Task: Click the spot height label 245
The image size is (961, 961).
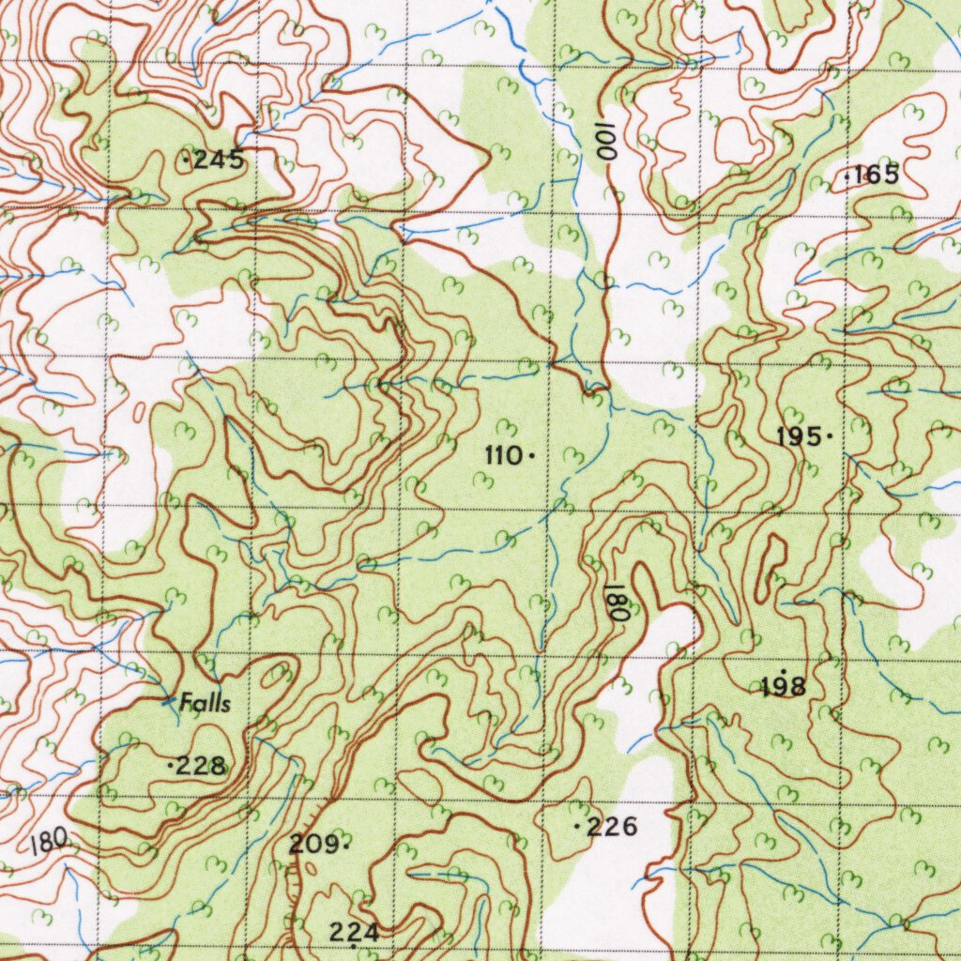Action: pos(218,161)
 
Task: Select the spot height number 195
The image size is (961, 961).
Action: pos(799,436)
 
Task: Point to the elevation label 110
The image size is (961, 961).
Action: pos(503,456)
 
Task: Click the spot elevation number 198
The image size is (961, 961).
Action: pos(784,688)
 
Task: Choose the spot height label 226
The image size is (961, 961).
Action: pos(612,827)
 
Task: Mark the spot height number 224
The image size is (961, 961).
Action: pos(354,932)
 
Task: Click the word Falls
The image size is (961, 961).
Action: pos(206,702)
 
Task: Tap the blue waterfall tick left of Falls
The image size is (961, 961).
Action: pos(168,699)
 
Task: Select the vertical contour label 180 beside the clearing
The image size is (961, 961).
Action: pos(617,601)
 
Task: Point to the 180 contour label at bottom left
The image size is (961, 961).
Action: pos(49,840)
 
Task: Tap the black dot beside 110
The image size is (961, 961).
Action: pos(532,457)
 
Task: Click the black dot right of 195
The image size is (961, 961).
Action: pos(830,436)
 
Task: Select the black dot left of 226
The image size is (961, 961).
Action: pos(575,827)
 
